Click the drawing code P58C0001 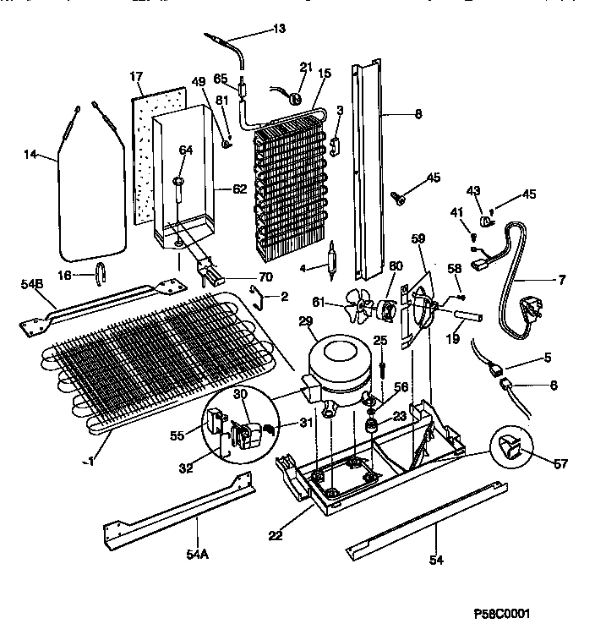click(x=503, y=614)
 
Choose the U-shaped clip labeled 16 click(x=99, y=272)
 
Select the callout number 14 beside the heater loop click(x=31, y=154)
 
